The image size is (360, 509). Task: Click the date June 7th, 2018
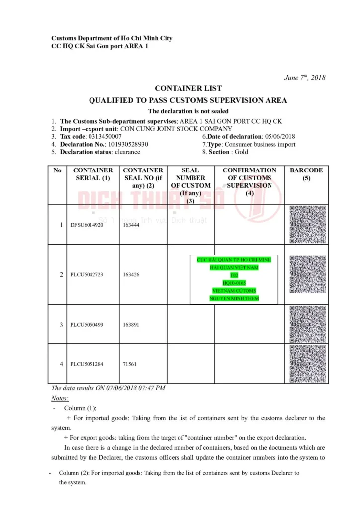point(304,77)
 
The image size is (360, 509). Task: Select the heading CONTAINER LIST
point(188,89)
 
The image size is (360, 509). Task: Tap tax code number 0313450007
point(104,136)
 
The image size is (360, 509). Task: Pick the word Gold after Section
point(241,152)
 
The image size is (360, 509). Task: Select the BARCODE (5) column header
point(306,174)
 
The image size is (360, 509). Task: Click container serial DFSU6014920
point(87,225)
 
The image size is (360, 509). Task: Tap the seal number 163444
point(131,225)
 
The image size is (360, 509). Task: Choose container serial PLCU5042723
point(87,274)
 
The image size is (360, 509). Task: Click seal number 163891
point(131,325)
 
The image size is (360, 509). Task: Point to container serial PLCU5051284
point(87,364)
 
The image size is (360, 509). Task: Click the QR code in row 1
point(307,224)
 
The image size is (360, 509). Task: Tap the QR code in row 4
point(307,364)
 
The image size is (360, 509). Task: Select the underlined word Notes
point(60,398)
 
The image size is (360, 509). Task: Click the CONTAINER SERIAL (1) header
point(93,174)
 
